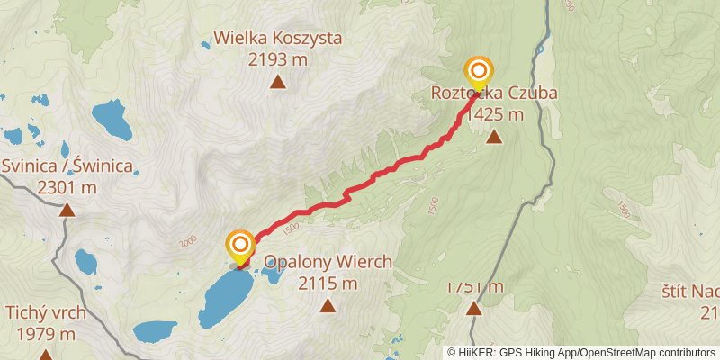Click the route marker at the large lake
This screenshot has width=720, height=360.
pyautogui.click(x=240, y=246)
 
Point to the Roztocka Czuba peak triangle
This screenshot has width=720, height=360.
pyautogui.click(x=494, y=138)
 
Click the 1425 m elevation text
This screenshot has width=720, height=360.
pyautogui.click(x=494, y=114)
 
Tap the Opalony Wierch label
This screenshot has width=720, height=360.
pyautogui.click(x=328, y=262)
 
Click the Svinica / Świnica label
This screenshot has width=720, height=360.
pyautogui.click(x=67, y=166)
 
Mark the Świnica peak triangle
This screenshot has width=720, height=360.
pyautogui.click(x=67, y=211)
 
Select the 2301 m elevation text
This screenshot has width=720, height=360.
pyautogui.click(x=67, y=188)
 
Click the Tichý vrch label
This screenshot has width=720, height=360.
pyautogui.click(x=45, y=313)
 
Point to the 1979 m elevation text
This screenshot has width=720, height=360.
pyautogui.click(x=45, y=335)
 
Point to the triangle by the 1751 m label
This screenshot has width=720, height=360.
pyautogui.click(x=474, y=309)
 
